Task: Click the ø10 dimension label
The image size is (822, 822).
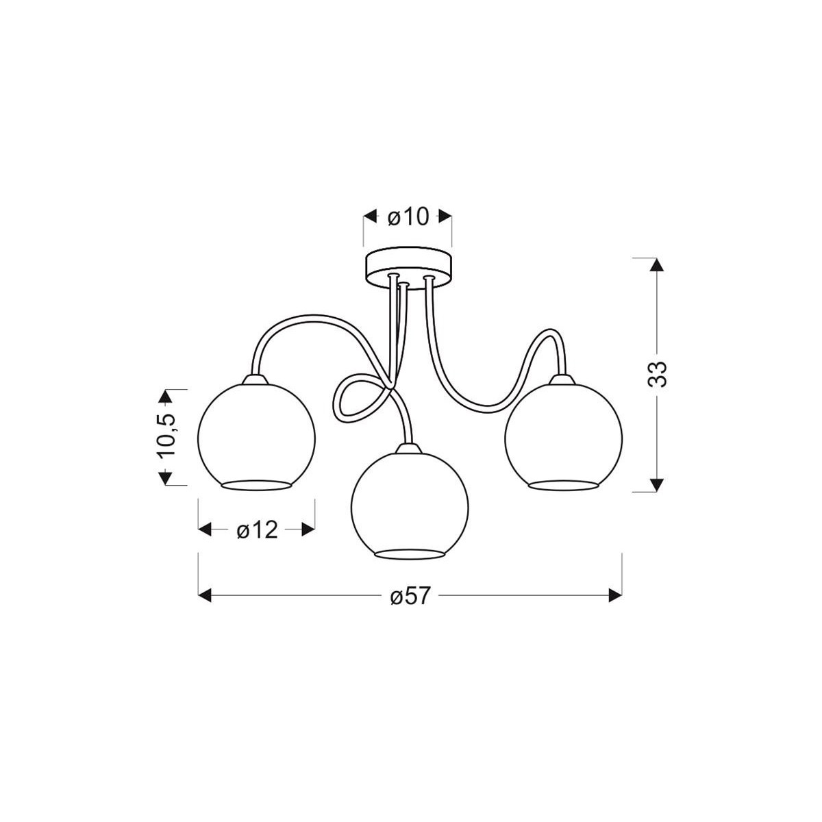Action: click(408, 218)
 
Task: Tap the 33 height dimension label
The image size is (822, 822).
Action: click(657, 374)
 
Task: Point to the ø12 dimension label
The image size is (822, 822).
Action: click(258, 530)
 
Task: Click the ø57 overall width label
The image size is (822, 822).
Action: click(409, 595)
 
